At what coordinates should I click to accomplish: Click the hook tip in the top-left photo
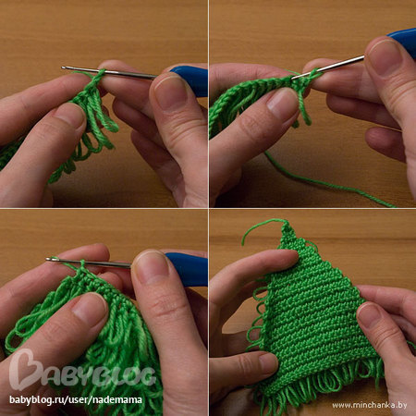[x=63, y=67]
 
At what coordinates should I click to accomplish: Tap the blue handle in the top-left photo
[x=191, y=80]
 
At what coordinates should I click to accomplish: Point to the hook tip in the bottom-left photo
[x=48, y=260]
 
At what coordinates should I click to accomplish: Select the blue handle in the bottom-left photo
[x=188, y=269]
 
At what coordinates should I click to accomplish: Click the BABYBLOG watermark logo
[x=82, y=370]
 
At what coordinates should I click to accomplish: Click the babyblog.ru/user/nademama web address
[x=76, y=400]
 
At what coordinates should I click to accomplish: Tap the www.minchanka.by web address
[x=370, y=405]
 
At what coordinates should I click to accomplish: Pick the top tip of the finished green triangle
[x=286, y=221]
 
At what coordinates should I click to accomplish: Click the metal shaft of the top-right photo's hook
[x=328, y=67]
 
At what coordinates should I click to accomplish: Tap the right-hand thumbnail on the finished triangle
[x=373, y=317]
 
